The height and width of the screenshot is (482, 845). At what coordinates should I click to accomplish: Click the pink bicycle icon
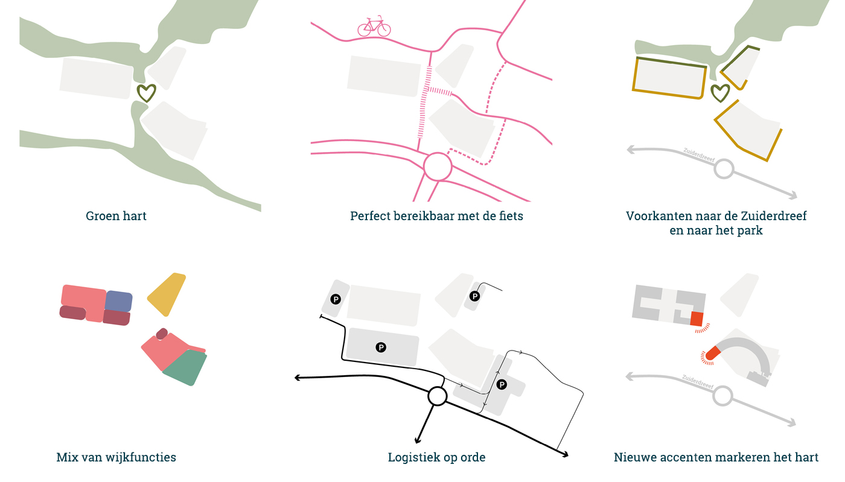pyautogui.click(x=374, y=27)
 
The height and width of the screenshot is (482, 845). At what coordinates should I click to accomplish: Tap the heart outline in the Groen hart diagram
pyautogui.click(x=146, y=93)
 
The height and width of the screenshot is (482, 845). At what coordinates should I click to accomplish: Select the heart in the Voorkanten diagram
pyautogui.click(x=720, y=93)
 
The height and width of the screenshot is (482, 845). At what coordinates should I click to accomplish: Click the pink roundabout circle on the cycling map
pyautogui.click(x=438, y=166)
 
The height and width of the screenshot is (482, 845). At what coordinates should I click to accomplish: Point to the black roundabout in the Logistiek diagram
pyautogui.click(x=437, y=396)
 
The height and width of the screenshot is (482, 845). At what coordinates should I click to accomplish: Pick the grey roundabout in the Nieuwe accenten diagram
pyautogui.click(x=723, y=396)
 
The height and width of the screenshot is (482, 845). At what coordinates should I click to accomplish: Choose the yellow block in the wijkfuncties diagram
pyautogui.click(x=167, y=293)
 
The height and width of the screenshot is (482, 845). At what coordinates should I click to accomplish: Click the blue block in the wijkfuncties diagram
pyautogui.click(x=119, y=300)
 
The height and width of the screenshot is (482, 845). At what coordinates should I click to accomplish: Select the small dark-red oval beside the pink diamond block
pyautogui.click(x=162, y=334)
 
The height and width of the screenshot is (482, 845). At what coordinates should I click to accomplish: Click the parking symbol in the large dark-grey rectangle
pyautogui.click(x=381, y=347)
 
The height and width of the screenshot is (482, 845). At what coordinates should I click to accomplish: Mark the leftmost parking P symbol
pyautogui.click(x=336, y=298)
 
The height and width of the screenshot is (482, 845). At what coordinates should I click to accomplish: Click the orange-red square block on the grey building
pyautogui.click(x=697, y=319)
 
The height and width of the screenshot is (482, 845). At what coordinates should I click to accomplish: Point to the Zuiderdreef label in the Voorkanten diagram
pyautogui.click(x=699, y=154)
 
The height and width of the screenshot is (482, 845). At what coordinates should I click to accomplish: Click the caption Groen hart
pyautogui.click(x=116, y=216)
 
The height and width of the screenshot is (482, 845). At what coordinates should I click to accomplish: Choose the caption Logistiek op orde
pyautogui.click(x=436, y=457)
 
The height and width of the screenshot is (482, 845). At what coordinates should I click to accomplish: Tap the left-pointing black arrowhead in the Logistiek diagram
pyautogui.click(x=298, y=378)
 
